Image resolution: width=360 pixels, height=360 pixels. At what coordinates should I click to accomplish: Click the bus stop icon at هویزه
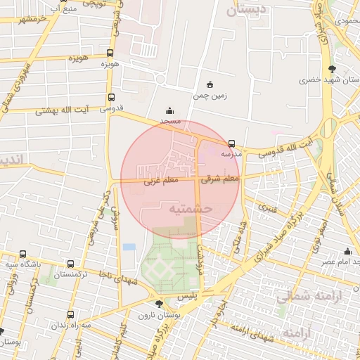pos(110,53)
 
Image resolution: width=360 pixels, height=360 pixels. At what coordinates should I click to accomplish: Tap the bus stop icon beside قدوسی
pos(111,98)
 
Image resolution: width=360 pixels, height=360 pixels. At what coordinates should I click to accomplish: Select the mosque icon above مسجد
pos(169,110)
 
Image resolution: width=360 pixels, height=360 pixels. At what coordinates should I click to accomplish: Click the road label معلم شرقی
pos(220,179)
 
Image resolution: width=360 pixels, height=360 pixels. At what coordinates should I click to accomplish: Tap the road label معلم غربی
pos(161,181)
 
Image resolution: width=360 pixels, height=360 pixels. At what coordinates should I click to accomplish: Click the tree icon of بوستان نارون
pos(160,304)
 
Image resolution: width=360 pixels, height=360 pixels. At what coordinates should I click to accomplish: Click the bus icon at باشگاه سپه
pos(23,255)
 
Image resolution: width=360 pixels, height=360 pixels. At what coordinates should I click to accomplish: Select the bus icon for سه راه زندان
pos(70,315)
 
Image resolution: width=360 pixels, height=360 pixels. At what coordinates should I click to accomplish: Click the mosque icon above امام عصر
pos(347,252)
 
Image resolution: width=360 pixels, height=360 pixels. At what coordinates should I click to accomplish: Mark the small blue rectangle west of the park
pos(129,247)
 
